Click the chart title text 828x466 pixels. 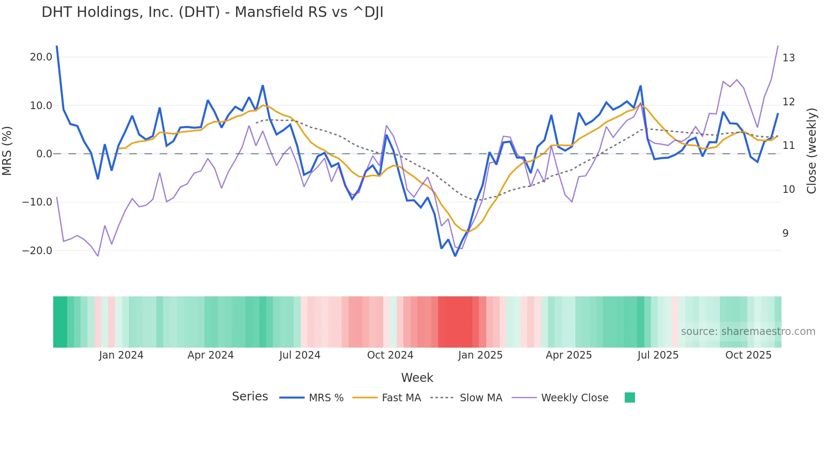212,12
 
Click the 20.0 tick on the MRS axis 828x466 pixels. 41,57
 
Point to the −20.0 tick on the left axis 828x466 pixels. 38,251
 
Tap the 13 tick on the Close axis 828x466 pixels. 788,58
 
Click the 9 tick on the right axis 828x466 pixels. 785,233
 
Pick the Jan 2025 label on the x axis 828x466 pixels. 480,355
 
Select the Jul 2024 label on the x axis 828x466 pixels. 300,355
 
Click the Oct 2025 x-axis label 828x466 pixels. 748,355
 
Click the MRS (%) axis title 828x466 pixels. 7,151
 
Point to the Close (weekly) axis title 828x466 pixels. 812,151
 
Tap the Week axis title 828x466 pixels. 417,378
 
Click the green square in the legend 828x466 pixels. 629,397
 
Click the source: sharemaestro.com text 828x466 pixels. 748,332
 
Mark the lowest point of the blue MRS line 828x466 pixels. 455,256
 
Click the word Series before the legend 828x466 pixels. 250,397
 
